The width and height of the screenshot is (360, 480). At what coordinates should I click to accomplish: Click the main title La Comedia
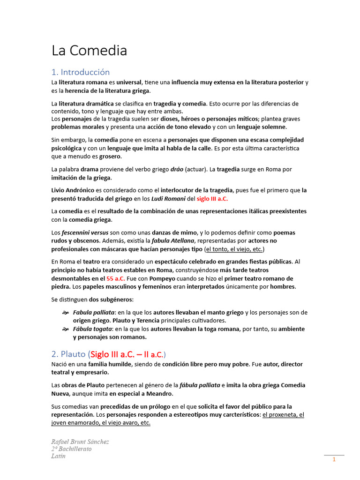coord(89,51)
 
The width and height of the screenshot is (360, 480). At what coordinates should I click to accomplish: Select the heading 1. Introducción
coord(80,72)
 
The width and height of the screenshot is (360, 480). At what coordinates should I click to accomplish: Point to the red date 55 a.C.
coord(116,278)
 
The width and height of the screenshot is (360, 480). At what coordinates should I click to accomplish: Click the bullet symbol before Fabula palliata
coord(65,313)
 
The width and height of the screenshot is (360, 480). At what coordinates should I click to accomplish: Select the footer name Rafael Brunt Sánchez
coord(80,442)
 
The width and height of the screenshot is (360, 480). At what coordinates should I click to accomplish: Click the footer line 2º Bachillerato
coord(72,449)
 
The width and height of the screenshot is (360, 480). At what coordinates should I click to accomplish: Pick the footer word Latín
coord(59,456)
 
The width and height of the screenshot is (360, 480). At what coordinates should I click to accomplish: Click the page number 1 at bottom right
coord(334,460)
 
